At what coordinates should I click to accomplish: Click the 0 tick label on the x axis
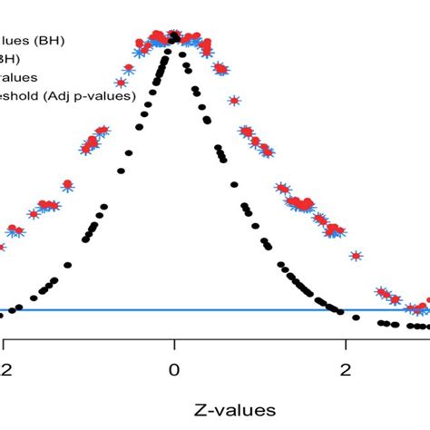pyautogui.click(x=173, y=369)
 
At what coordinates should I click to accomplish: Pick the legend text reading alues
pyautogui.click(x=19, y=77)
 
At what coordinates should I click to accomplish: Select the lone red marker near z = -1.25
pyautogui.click(x=66, y=185)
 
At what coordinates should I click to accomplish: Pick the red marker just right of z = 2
pyautogui.click(x=356, y=257)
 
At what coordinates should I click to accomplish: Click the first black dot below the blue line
pyautogui.click(x=356, y=318)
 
